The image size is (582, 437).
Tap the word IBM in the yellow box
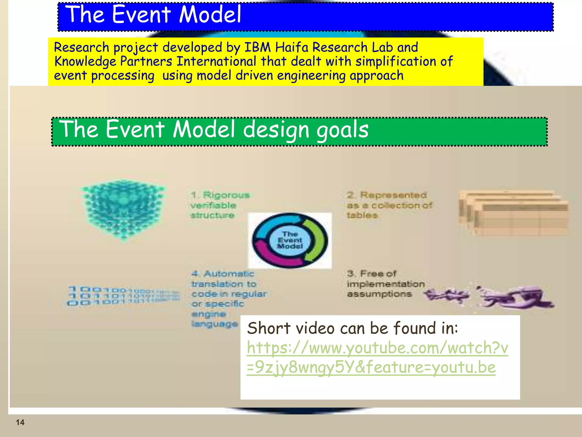[x=257, y=47]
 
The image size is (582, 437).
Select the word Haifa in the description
[x=292, y=47]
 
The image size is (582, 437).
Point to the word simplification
[x=396, y=61]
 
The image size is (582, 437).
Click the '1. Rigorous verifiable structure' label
[x=220, y=205]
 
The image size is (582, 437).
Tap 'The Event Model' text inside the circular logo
[x=290, y=240]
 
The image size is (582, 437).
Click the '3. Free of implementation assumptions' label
[x=385, y=284]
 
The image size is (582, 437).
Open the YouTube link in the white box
[x=377, y=357]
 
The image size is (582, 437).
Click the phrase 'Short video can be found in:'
[x=352, y=328]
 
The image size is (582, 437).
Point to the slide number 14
[x=20, y=422]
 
